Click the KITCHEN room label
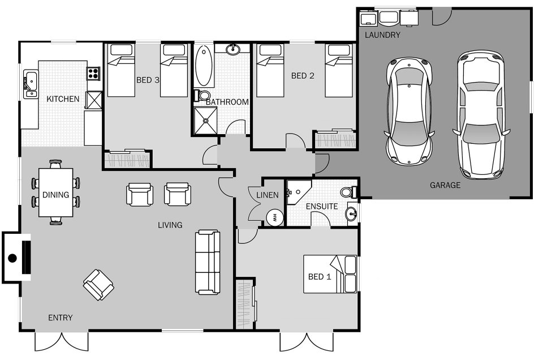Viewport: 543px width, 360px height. [x=63, y=99]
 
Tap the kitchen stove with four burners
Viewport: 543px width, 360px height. [x=93, y=73]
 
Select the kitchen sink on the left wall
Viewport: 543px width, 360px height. [x=29, y=82]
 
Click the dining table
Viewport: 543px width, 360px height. [x=55, y=192]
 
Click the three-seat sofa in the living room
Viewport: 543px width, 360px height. [x=208, y=262]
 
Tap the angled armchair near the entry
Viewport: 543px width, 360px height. [x=98, y=284]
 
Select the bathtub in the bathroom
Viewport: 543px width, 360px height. [x=204, y=66]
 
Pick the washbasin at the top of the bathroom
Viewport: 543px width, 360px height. [x=233, y=50]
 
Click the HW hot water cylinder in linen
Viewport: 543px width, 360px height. [x=274, y=217]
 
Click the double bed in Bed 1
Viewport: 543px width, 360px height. [x=330, y=274]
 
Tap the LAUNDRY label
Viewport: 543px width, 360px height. [x=382, y=35]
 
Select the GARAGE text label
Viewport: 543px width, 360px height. [x=445, y=185]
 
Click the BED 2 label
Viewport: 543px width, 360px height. [x=303, y=76]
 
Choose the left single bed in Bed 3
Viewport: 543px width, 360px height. [x=121, y=70]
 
